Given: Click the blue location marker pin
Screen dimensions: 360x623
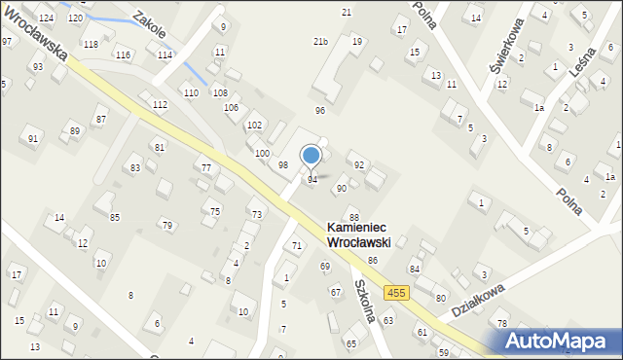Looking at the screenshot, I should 311,156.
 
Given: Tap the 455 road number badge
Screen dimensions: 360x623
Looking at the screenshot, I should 395,292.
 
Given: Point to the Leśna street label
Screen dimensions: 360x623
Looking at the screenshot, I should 587,64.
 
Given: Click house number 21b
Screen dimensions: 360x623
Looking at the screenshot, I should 320,42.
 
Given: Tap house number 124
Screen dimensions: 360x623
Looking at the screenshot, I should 47,18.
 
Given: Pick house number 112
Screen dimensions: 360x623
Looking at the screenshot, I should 160,104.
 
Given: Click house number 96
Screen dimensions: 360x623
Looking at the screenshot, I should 319,111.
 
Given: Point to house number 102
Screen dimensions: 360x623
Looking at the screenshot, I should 254,126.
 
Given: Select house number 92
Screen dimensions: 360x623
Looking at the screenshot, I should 358,165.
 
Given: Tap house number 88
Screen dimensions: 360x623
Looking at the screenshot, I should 354,217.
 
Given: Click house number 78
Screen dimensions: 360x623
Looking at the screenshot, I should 502,323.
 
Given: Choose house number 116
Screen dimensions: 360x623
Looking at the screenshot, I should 123,54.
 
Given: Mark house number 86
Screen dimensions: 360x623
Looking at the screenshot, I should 373,261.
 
